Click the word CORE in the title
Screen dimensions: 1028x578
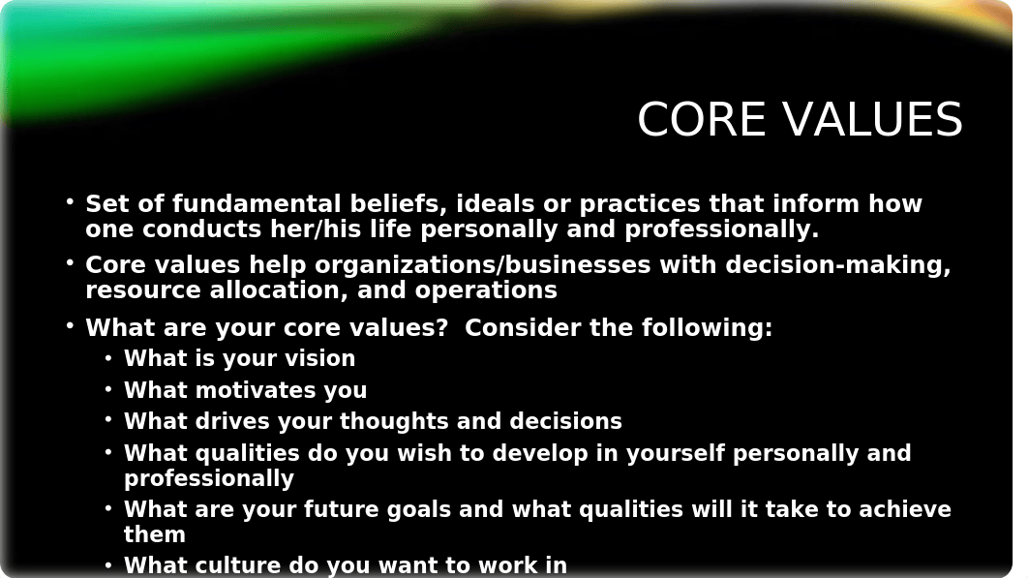[702, 119]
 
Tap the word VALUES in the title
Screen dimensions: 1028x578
[872, 119]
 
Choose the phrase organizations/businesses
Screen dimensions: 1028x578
[482, 264]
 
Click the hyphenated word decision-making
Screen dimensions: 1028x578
[838, 264]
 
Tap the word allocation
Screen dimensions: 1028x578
[279, 290]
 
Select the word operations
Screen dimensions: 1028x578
[486, 290]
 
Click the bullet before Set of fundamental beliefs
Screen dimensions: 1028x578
[70, 202]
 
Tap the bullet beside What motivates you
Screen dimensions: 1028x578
[108, 389]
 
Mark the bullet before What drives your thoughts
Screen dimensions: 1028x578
[108, 420]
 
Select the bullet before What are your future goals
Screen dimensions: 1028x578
[108, 508]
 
